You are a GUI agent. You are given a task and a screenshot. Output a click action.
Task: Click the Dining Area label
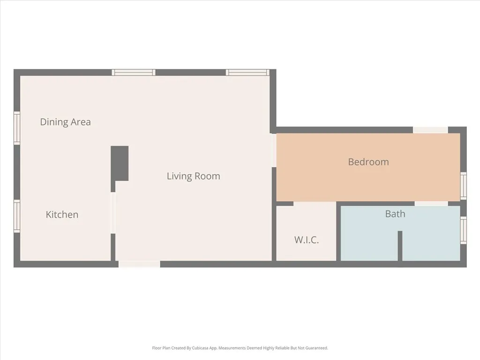(65, 122)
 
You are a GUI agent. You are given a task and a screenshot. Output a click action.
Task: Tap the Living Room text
(193, 176)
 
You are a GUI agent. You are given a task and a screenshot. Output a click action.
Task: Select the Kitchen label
(62, 215)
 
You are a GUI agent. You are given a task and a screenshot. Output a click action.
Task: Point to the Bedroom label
(368, 162)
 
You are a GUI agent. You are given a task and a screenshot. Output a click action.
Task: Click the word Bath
(395, 214)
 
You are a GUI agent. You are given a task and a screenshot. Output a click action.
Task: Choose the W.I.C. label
(307, 240)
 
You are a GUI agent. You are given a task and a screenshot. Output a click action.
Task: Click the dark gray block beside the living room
(120, 163)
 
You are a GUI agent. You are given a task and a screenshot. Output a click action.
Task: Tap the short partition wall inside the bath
(400, 246)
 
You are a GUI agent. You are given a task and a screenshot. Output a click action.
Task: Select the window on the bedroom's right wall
(463, 186)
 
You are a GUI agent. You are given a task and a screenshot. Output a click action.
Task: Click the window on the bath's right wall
(463, 230)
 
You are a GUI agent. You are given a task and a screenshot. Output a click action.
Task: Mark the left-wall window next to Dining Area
(17, 128)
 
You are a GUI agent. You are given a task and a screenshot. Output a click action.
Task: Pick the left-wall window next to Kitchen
(17, 216)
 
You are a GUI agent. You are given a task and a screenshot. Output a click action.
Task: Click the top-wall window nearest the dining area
(134, 72)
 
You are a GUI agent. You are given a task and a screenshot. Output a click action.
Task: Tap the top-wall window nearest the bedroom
(247, 72)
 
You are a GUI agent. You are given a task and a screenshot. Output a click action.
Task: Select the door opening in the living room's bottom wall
(139, 264)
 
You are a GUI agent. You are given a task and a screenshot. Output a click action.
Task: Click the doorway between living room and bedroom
(273, 150)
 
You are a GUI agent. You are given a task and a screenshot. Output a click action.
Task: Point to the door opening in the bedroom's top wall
(430, 130)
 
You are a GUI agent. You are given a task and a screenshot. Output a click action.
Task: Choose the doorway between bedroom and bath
(431, 203)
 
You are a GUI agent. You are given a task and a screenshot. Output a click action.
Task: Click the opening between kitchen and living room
(113, 213)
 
